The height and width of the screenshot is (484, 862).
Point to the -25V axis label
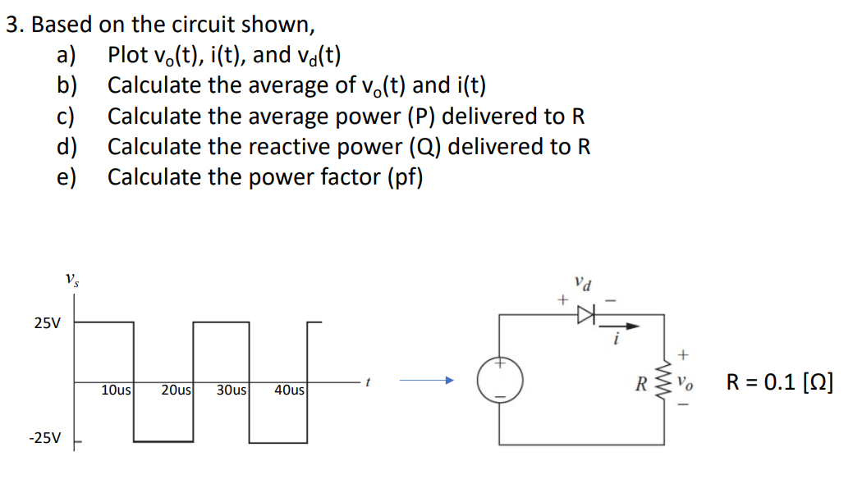point(44,438)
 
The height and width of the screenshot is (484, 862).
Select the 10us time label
point(117,390)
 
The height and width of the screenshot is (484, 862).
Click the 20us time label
point(177,390)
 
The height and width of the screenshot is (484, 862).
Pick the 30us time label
point(233,390)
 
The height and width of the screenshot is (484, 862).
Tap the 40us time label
point(291,390)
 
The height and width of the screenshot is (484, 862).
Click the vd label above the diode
point(581,285)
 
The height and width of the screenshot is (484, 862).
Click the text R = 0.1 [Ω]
point(780,381)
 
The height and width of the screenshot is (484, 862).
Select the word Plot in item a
point(127,56)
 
